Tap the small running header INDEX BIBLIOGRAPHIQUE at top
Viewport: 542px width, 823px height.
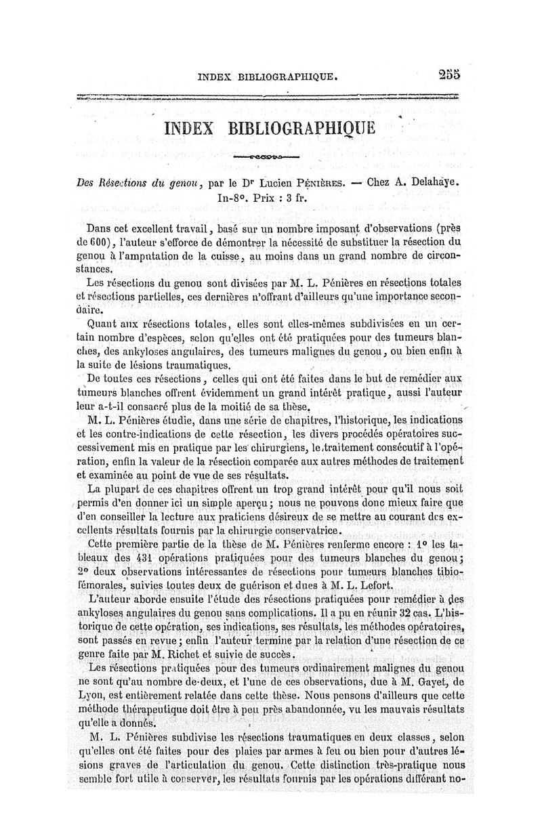(267, 77)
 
